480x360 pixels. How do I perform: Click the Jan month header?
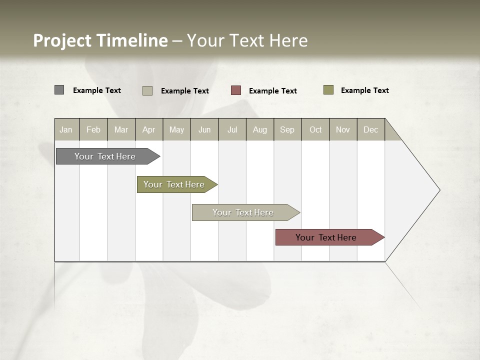(x=66, y=129)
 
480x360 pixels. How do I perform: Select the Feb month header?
(x=93, y=129)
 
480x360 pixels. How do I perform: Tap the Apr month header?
(x=149, y=129)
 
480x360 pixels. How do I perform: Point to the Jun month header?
(x=204, y=129)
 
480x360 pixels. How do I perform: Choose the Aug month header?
(x=260, y=129)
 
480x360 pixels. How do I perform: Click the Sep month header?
(x=287, y=129)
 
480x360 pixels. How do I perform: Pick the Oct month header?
(x=315, y=129)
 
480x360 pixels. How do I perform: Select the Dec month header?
(x=371, y=129)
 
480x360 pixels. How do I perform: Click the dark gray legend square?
(x=59, y=90)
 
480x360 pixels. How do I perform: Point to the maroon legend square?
(x=236, y=90)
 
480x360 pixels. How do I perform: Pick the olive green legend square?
(x=328, y=90)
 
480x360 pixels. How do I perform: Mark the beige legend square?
(x=147, y=90)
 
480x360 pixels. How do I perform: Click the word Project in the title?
(x=62, y=40)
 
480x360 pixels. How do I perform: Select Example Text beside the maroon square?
(x=273, y=91)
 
